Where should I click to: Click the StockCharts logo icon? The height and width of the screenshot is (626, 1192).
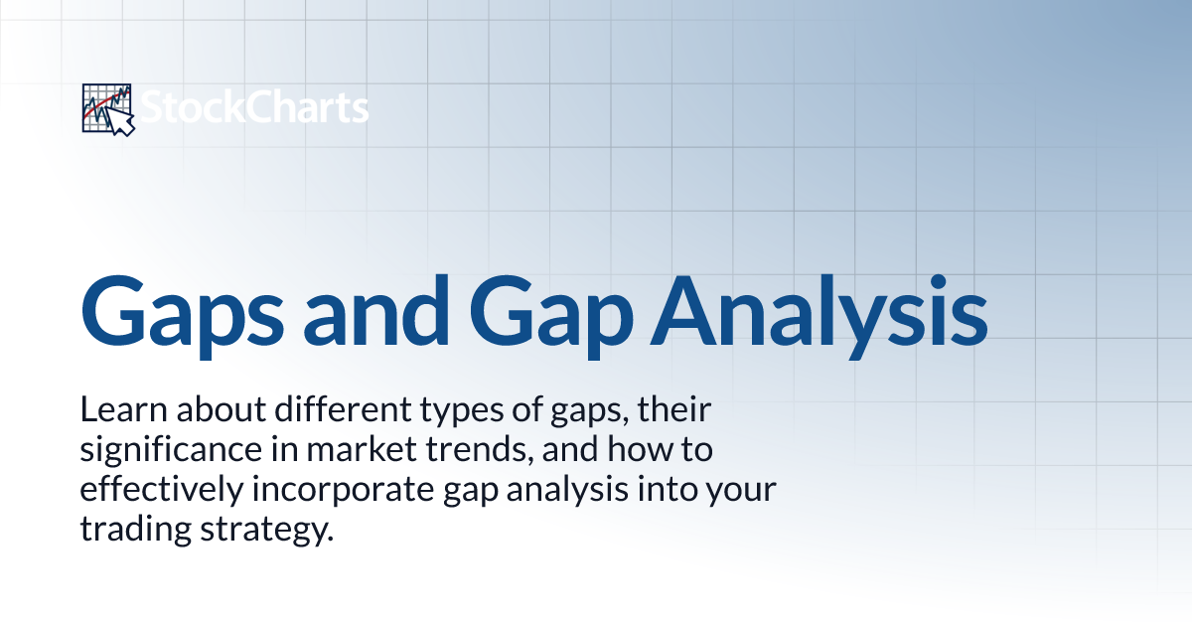pyautogui.click(x=107, y=108)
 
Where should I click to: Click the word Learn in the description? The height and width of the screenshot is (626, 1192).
pyautogui.click(x=116, y=408)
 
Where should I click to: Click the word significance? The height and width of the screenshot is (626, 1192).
pyautogui.click(x=168, y=450)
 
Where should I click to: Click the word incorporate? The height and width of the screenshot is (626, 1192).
pyautogui.click(x=327, y=491)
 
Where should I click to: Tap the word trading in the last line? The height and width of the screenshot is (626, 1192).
pyautogui.click(x=129, y=531)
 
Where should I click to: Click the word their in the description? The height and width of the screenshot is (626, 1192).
pyautogui.click(x=644, y=408)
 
